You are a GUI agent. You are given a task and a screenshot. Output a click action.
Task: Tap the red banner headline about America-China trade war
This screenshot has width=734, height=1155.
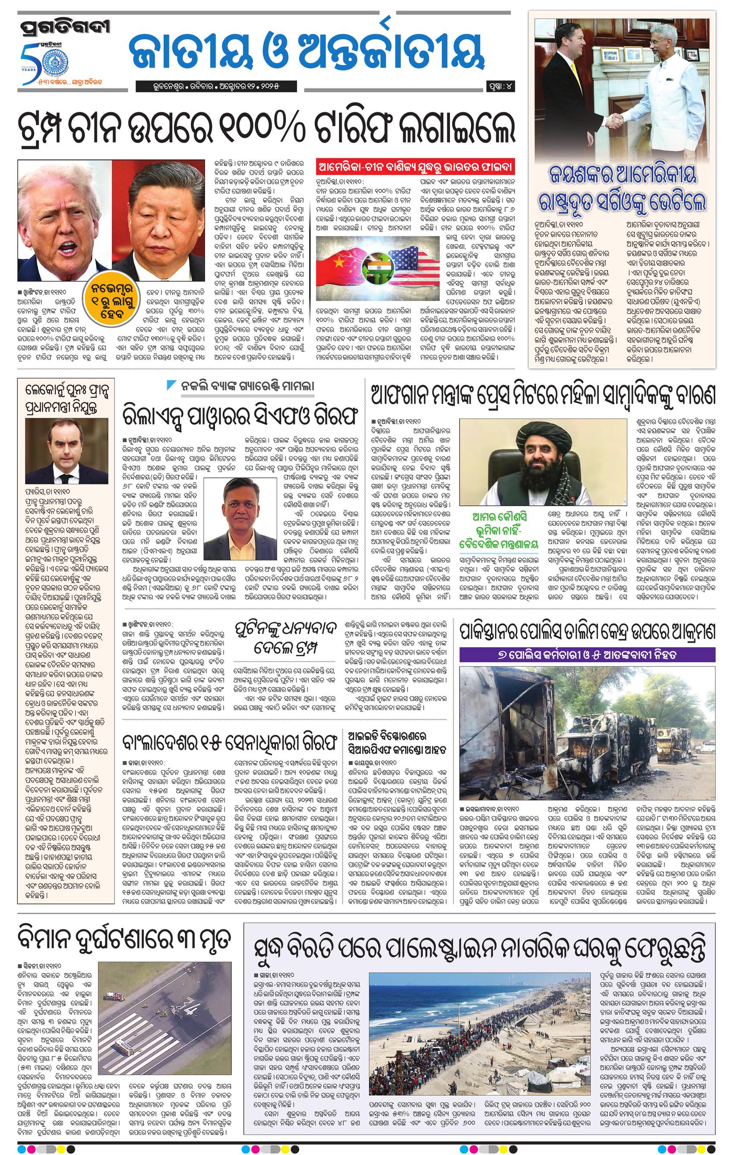(x=415, y=168)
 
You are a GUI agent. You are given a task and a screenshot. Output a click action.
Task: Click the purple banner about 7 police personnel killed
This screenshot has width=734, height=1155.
(x=588, y=654)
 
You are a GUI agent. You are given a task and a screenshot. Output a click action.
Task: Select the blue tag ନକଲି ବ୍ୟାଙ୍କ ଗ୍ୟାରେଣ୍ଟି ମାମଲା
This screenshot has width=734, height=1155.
(x=240, y=387)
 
